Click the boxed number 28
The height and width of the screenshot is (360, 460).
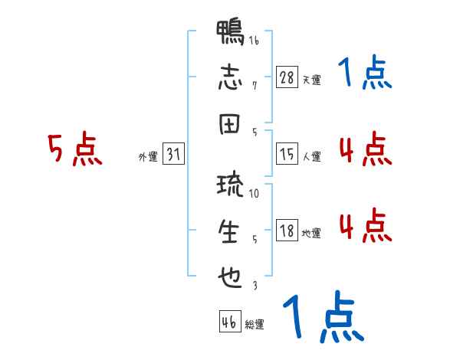point(287,77)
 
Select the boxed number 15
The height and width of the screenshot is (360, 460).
point(287,155)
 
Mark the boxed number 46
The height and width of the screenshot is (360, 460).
point(229,322)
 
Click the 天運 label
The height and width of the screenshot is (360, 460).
point(311,80)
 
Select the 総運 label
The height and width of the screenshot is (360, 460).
point(255,325)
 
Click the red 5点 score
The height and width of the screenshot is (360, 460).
point(75,150)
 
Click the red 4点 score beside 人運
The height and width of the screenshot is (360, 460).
point(365,149)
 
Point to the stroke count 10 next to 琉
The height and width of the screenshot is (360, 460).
point(255,193)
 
